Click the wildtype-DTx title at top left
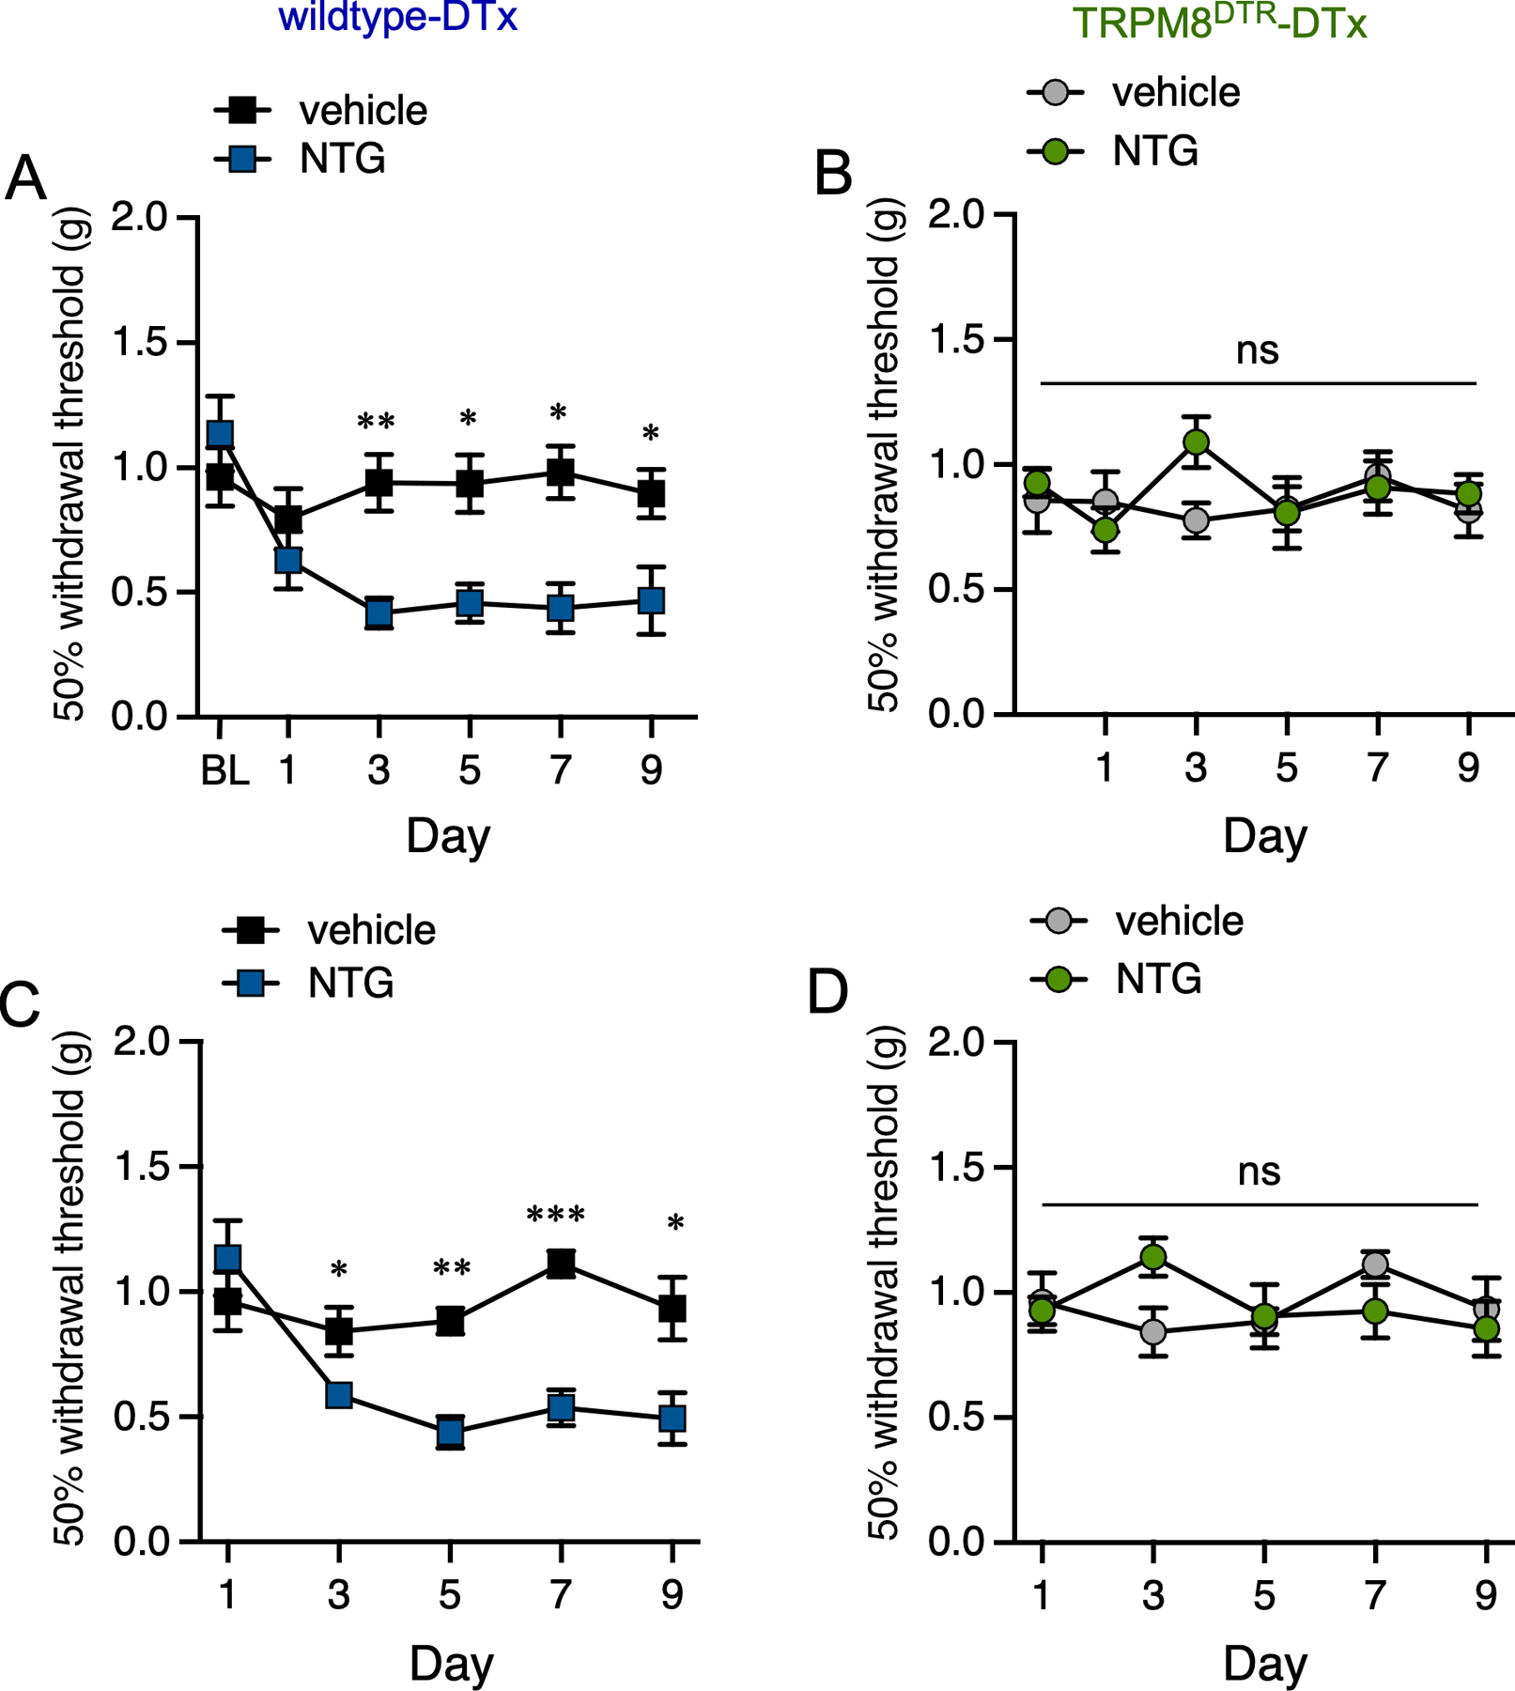point(398,18)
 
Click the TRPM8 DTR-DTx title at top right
point(1219,23)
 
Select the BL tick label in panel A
point(224,771)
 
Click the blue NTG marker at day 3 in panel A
point(379,613)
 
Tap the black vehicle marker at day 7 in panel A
point(560,472)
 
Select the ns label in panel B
point(1257,350)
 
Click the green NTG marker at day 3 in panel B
point(1196,442)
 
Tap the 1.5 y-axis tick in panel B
point(955,339)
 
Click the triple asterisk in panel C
point(556,1216)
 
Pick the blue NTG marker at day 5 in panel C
point(450,1433)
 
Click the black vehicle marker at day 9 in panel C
point(672,1308)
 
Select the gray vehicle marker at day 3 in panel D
point(1153,1332)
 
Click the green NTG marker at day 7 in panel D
point(1375,1311)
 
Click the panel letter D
point(827,993)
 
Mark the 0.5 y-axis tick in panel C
point(140,1417)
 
